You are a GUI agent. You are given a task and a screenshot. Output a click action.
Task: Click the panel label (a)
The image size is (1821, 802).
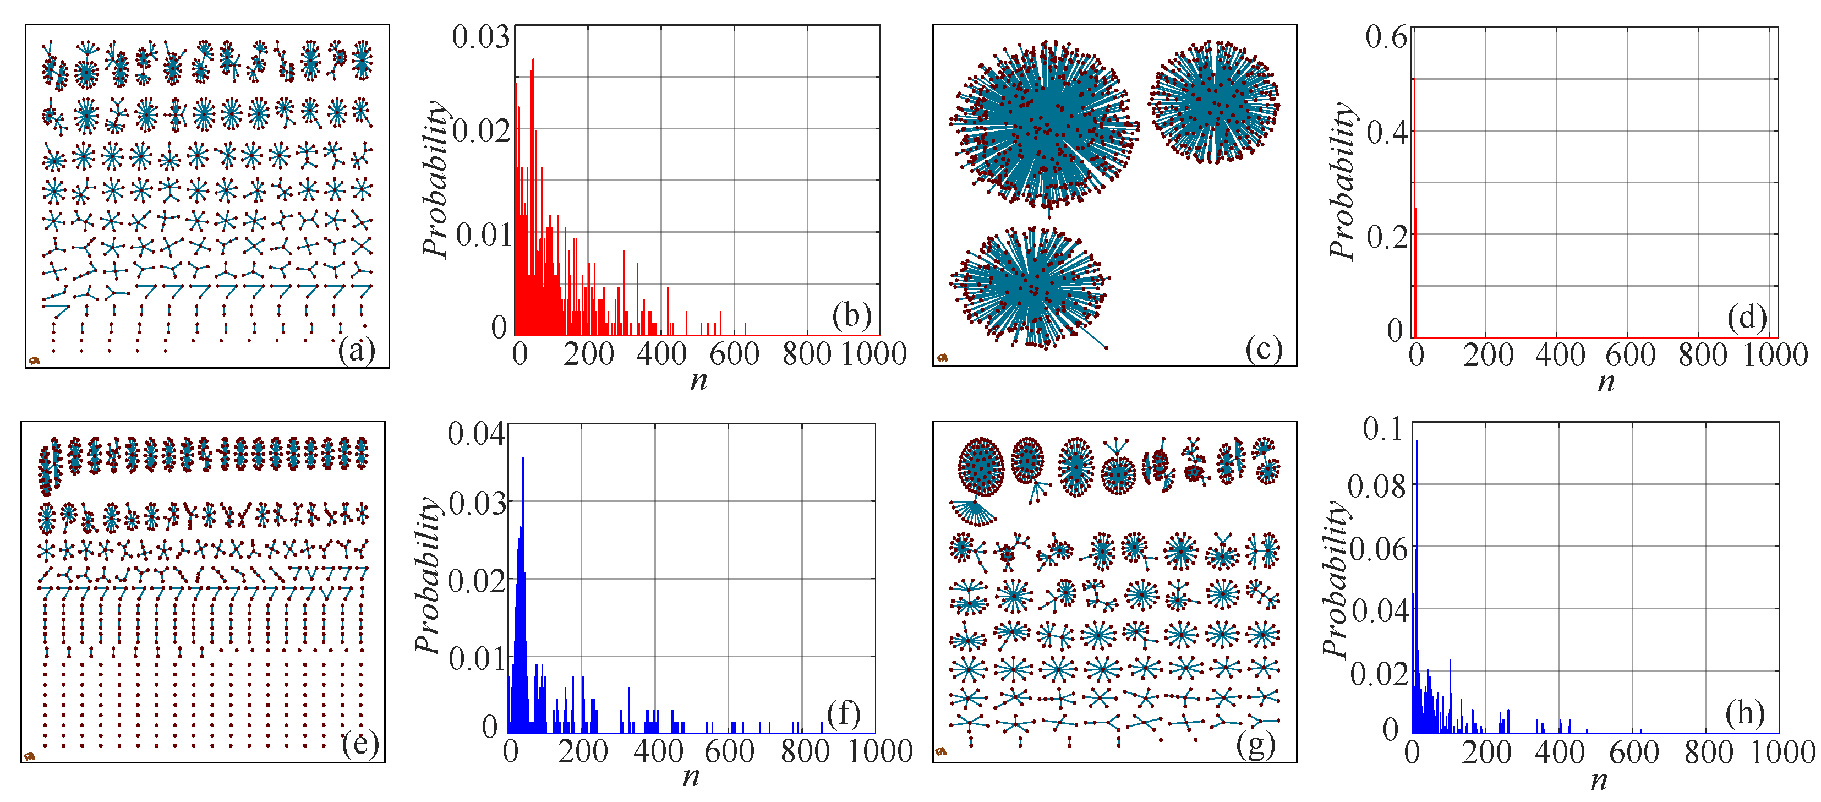point(356,350)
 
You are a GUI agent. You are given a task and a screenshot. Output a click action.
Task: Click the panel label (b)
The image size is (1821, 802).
point(851,315)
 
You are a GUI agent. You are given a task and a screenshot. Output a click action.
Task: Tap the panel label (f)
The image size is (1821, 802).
point(843,714)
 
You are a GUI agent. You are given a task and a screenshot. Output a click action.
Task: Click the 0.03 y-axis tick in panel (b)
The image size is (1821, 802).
point(480,37)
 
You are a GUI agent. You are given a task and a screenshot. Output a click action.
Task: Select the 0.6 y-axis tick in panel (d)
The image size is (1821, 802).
point(1386,37)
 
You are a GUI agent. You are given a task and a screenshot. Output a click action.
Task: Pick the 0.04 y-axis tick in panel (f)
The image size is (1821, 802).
point(477,433)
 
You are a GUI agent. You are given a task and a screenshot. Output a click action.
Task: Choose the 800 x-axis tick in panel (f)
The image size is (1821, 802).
point(805,750)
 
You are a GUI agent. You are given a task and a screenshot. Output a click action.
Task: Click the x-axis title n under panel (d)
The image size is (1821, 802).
point(1605,383)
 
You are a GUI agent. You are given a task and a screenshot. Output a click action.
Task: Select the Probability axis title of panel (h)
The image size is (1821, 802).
point(1335,580)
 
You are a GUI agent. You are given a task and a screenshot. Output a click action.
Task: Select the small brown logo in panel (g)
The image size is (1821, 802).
point(941,752)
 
